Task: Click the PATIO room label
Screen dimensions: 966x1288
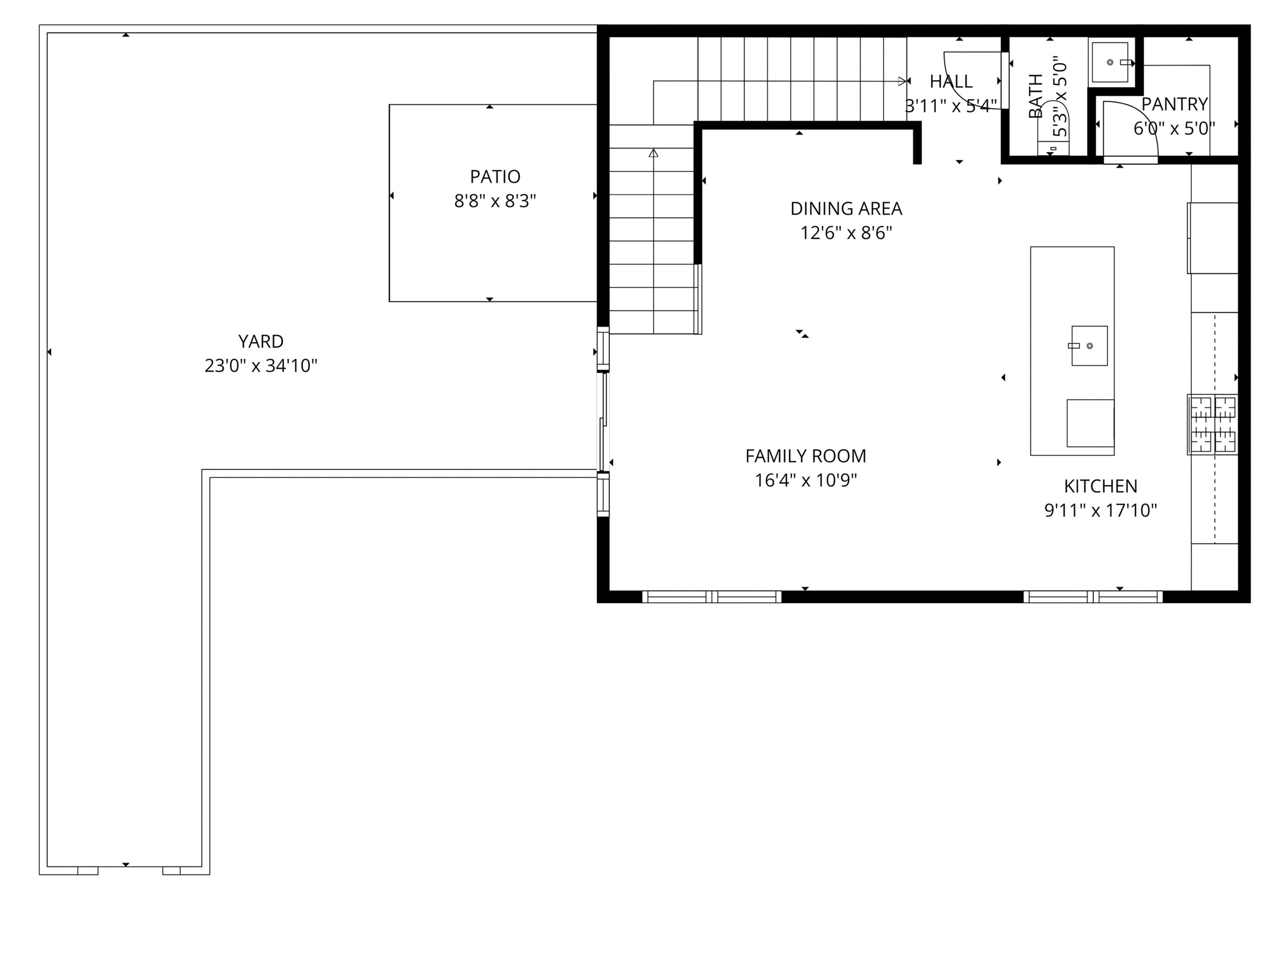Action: pos(495,177)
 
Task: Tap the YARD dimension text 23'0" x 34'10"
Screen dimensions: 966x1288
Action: pos(261,366)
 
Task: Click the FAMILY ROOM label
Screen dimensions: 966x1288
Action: pos(805,456)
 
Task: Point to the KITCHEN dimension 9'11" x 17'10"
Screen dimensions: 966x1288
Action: pos(1100,511)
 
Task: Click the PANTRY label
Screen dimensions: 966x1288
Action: pos(1174,104)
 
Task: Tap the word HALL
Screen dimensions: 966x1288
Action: pos(951,82)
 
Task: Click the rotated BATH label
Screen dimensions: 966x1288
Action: pos(1036,96)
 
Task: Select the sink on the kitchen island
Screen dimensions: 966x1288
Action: pos(1089,346)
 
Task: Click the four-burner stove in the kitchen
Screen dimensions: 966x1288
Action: pos(1212,425)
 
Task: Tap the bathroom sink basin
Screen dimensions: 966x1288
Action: pos(1109,62)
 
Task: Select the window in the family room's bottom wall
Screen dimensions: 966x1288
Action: pos(711,596)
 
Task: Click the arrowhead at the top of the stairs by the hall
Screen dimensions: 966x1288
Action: pos(902,82)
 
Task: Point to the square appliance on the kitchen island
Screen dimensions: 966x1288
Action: pos(1090,423)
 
